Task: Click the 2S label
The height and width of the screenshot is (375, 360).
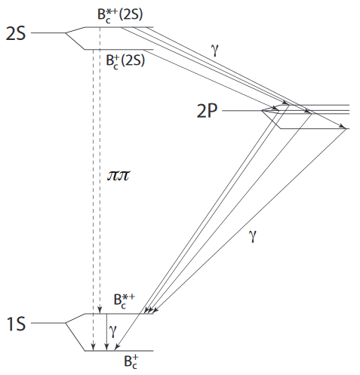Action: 16,33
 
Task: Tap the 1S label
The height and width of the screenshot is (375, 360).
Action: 16,324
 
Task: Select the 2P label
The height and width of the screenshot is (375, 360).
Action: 207,111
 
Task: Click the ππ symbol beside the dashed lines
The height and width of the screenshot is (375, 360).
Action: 118,176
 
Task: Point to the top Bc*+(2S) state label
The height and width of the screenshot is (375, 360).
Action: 120,16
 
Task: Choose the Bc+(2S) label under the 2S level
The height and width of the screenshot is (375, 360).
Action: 125,61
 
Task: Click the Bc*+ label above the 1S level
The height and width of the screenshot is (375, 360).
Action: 125,301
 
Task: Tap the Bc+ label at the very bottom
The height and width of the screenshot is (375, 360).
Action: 131,361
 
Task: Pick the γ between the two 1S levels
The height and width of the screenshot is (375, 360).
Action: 113,330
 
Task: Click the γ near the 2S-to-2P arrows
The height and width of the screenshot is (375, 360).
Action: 215,50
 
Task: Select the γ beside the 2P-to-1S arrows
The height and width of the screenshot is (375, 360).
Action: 253,235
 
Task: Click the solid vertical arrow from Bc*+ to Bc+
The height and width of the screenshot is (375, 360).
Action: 107,332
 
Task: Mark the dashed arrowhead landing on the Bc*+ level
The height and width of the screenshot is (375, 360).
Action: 100,310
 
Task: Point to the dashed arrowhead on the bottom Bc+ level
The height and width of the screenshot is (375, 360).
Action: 94,347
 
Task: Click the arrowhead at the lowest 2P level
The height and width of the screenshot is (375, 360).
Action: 343,127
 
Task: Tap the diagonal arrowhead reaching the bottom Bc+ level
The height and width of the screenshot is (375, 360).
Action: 117,347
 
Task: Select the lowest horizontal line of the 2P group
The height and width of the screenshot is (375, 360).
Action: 315,129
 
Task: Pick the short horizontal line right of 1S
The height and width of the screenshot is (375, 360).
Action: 48,323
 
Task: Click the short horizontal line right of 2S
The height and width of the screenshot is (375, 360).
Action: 48,32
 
